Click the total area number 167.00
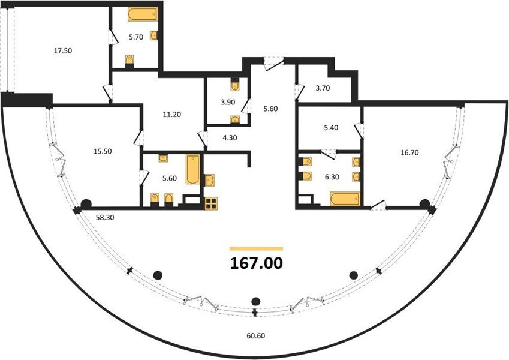click(257, 263)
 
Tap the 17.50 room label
click(63, 50)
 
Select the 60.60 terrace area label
click(256, 335)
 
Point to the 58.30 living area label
click(105, 218)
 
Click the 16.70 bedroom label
click(409, 152)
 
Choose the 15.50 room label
click(103, 151)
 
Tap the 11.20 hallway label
click(172, 115)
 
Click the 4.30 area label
click(230, 138)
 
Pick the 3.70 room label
click(323, 88)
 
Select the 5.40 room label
click(331, 128)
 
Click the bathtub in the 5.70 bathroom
click(143, 14)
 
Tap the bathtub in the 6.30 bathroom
click(345, 199)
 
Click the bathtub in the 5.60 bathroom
click(193, 170)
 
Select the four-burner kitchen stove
click(211, 204)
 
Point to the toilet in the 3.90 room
click(234, 85)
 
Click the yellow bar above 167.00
click(256, 249)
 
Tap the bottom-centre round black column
click(256, 301)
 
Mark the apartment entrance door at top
click(273, 64)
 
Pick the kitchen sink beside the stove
click(209, 181)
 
